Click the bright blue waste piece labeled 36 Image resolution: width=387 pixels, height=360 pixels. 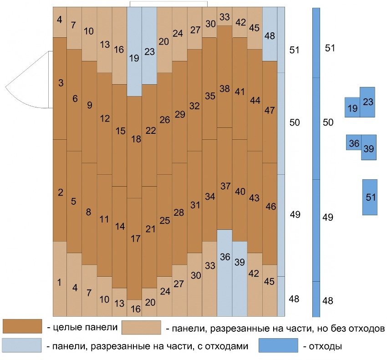(x=354, y=143)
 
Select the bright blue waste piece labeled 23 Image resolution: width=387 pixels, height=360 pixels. (x=368, y=102)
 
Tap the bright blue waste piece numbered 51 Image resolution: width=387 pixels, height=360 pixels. (x=370, y=197)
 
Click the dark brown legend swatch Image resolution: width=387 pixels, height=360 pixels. (x=23, y=326)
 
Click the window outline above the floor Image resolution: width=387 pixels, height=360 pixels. (x=168, y=4)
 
